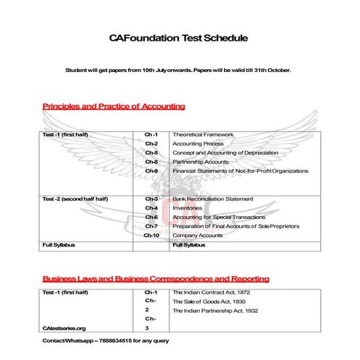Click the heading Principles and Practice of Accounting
click(113, 107)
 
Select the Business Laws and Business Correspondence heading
click(156, 279)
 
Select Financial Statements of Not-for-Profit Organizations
click(240, 171)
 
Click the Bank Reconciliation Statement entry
click(212, 199)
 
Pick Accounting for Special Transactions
click(217, 217)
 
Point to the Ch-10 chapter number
click(151, 235)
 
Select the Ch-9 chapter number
click(151, 171)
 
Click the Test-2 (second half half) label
click(76, 199)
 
